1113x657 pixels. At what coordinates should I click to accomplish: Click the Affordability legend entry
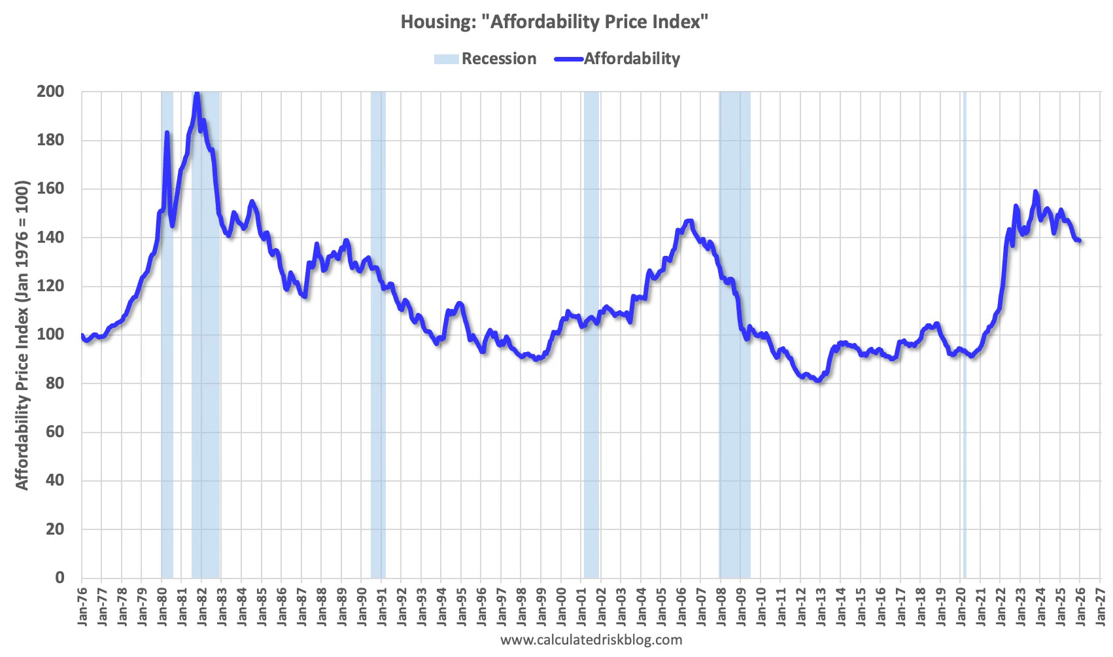pyautogui.click(x=617, y=59)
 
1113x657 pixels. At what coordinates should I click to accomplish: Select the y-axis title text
pyautogui.click(x=22, y=334)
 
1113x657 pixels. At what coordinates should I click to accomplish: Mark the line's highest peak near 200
pyautogui.click(x=197, y=94)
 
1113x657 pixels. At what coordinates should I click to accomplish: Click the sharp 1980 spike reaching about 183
pyautogui.click(x=167, y=133)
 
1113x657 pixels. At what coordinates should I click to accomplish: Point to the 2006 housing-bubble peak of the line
pyautogui.click(x=689, y=221)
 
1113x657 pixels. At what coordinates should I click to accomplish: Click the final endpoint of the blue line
pyautogui.click(x=1080, y=241)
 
